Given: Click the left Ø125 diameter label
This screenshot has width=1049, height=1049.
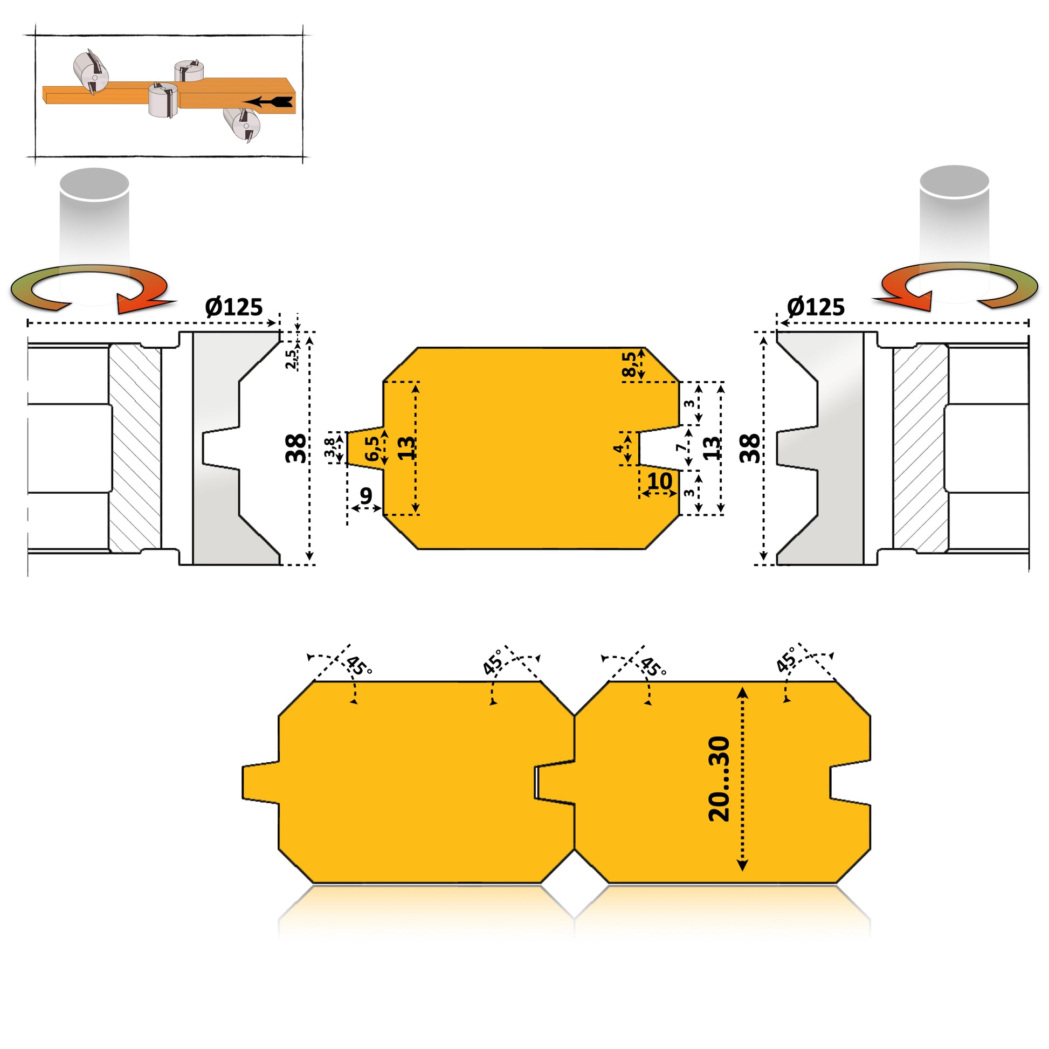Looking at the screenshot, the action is (x=234, y=307).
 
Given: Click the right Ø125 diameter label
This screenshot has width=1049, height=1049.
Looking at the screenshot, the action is (x=816, y=307).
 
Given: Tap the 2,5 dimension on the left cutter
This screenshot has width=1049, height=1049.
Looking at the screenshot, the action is (x=292, y=359).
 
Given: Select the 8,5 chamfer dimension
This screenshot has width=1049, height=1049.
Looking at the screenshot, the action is (x=629, y=364).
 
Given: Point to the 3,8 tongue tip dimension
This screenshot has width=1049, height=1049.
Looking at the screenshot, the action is (x=329, y=447).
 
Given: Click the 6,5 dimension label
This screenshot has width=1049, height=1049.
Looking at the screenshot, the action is (x=372, y=448).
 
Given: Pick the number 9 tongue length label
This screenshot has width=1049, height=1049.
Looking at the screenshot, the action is (x=366, y=496).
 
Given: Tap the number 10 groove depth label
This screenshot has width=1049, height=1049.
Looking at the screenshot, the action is (x=660, y=481).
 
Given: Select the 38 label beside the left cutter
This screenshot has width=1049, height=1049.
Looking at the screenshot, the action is (x=296, y=448).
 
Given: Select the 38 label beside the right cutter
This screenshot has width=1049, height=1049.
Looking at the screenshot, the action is (x=750, y=448).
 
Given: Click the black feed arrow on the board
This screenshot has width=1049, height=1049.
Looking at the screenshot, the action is (x=268, y=101).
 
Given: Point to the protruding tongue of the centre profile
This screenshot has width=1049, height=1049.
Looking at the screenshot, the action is (x=365, y=448).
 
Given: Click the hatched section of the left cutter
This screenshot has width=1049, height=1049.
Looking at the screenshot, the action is (x=135, y=448).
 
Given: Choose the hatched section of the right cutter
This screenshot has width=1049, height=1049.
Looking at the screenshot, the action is (x=921, y=448).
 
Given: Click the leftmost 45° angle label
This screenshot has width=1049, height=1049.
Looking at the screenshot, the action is (x=358, y=666).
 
